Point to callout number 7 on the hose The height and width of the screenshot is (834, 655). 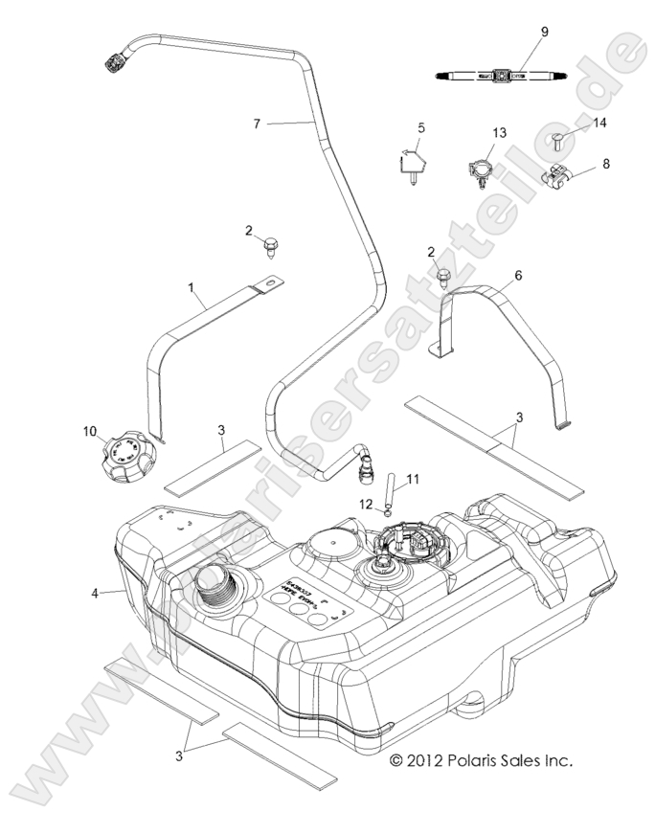256,124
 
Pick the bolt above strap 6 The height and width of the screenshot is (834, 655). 443,279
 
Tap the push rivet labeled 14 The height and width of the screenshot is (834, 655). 558,145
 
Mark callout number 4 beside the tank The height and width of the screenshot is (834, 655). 95,594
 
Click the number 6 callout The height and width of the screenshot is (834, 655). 518,275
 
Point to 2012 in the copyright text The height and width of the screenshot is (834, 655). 424,761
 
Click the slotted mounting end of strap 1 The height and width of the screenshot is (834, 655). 272,283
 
